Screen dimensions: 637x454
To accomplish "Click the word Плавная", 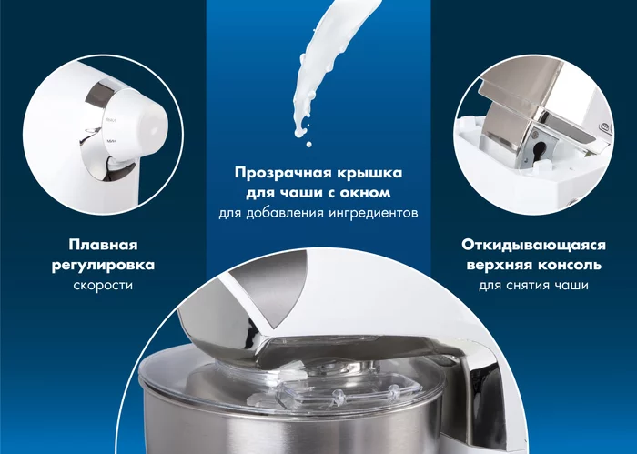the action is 103,245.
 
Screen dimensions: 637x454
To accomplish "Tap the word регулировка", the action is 103,265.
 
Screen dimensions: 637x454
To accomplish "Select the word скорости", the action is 103,285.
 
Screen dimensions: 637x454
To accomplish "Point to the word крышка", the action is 369,173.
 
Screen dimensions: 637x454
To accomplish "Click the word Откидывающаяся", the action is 533,245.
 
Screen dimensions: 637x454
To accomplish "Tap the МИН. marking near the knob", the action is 112,141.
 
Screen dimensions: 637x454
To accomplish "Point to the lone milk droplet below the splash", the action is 308,144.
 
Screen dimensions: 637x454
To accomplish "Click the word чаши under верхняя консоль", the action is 572,285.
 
